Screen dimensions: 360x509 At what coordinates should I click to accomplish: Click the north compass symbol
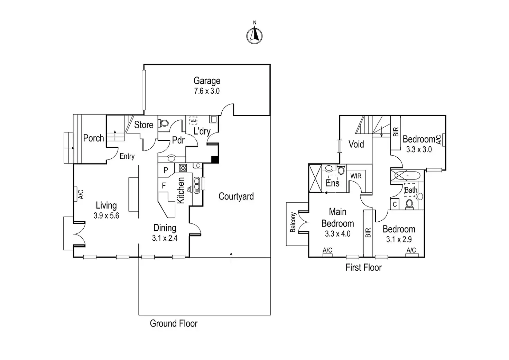tap(254, 35)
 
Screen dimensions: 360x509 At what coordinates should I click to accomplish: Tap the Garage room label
tap(207, 81)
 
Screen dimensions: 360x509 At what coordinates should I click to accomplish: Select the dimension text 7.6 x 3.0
tap(207, 91)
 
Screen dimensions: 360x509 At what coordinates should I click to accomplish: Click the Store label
tap(144, 125)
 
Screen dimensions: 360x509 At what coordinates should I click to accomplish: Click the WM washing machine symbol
tap(193, 120)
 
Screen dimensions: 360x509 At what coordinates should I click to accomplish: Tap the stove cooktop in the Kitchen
tap(183, 168)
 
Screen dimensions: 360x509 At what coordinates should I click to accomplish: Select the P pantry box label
tap(166, 170)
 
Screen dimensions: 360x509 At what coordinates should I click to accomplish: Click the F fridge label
tap(164, 186)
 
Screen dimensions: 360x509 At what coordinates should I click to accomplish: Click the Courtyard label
tap(236, 196)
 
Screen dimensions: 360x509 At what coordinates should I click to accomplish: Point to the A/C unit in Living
tap(75, 194)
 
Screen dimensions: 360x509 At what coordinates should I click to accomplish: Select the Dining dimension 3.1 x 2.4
tap(165, 238)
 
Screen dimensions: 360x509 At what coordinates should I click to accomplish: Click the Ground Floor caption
tap(174, 324)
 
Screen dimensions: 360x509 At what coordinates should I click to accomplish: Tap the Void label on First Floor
tap(356, 144)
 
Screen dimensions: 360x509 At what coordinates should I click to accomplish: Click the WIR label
tap(356, 176)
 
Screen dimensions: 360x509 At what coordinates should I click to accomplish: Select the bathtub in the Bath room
tap(407, 176)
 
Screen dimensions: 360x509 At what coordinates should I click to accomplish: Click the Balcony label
tap(293, 222)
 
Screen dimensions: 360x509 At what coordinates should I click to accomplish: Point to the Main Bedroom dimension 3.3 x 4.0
tap(337, 234)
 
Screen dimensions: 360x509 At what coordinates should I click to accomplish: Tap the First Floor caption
tap(363, 267)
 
